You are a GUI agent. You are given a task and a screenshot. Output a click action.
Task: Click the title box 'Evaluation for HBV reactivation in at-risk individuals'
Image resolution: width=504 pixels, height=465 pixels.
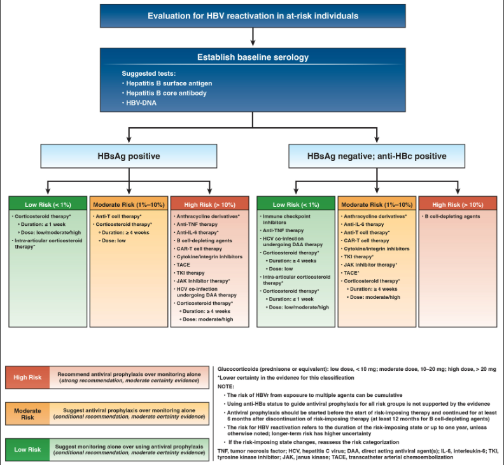coord(252,15)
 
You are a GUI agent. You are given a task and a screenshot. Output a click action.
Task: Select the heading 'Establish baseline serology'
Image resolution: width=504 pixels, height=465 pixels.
coord(252,57)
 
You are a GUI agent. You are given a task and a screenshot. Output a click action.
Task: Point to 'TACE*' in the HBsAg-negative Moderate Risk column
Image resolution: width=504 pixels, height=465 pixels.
coord(352,272)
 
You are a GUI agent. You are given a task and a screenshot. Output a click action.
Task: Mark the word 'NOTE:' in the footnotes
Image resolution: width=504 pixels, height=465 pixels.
coord(227,387)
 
